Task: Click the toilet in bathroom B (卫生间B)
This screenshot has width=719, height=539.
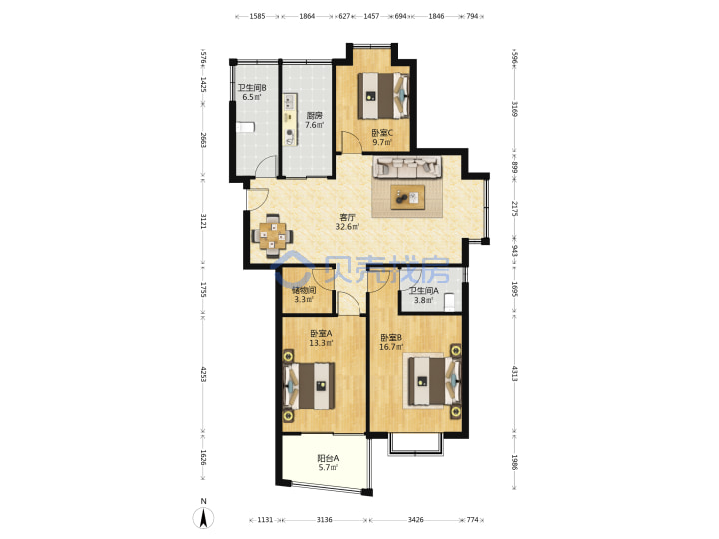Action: [x=245, y=127]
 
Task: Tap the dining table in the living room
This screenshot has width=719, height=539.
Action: [x=273, y=236]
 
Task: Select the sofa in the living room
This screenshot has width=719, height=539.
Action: [x=407, y=167]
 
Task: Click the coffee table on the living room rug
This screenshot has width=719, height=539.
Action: [x=407, y=197]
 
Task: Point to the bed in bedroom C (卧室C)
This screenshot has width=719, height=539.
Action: [x=383, y=96]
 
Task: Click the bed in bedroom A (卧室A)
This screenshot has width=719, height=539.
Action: [x=309, y=386]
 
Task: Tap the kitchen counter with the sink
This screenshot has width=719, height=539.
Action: [x=290, y=119]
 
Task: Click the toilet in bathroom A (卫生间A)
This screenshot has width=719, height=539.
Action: [x=450, y=303]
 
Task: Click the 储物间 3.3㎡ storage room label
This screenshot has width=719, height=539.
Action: [x=304, y=295]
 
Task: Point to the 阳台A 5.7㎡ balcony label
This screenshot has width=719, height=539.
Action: [x=328, y=463]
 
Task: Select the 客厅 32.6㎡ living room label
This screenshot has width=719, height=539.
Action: [x=348, y=222]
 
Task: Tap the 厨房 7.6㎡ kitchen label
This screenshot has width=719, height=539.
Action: [x=315, y=120]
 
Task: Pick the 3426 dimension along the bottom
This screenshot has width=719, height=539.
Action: [x=415, y=520]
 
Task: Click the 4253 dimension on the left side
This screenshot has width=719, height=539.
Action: [x=203, y=374]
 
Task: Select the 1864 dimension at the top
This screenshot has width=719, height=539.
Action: [x=307, y=16]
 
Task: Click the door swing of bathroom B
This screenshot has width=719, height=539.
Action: [x=266, y=165]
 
